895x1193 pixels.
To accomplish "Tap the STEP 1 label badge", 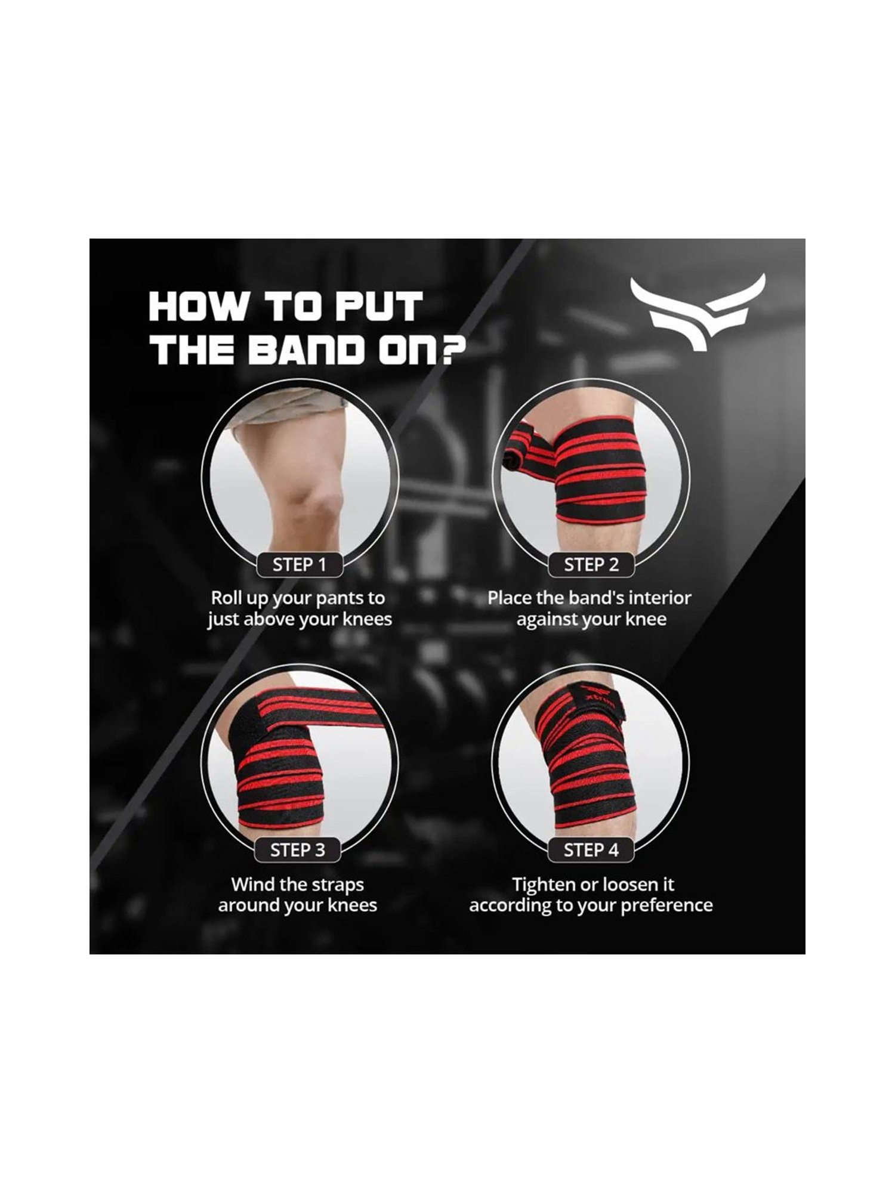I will coord(300,564).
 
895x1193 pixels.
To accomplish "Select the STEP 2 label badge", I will coord(591,564).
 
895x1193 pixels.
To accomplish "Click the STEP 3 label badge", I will coord(297,849).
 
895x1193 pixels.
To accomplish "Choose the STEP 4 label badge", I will coord(591,849).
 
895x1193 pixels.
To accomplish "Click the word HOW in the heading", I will coord(197,307).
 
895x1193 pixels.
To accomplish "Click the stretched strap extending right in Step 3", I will coord(352,710).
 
